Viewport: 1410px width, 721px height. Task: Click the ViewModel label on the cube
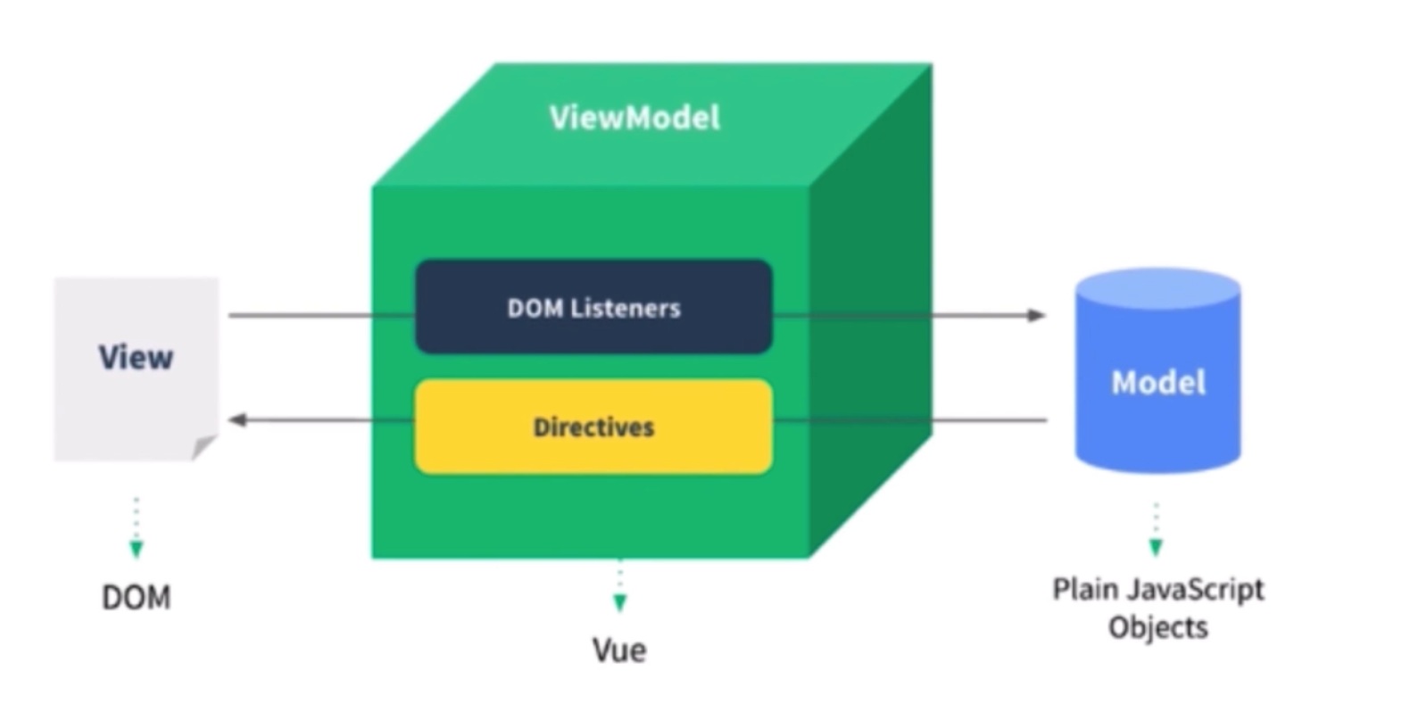pyautogui.click(x=634, y=118)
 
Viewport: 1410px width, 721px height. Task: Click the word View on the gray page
pyautogui.click(x=136, y=358)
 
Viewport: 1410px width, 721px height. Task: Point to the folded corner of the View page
pyautogui.click(x=204, y=446)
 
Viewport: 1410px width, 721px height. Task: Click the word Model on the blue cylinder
pyautogui.click(x=1157, y=383)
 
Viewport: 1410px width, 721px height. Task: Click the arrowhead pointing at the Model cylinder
pyautogui.click(x=1036, y=315)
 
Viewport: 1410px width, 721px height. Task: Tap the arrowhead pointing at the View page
pyautogui.click(x=238, y=419)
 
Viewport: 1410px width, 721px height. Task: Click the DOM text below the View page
pyautogui.click(x=136, y=597)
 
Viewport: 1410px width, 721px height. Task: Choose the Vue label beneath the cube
pyautogui.click(x=619, y=651)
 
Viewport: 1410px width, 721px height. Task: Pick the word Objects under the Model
pyautogui.click(x=1157, y=627)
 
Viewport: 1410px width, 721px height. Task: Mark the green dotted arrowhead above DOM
pyautogui.click(x=136, y=548)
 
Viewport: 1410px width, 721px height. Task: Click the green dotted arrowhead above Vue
pyautogui.click(x=619, y=602)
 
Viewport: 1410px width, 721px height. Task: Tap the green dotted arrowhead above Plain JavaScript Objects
pyautogui.click(x=1156, y=547)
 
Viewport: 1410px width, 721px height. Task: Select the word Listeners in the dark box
pyautogui.click(x=625, y=309)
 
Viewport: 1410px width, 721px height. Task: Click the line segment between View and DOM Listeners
pyautogui.click(x=321, y=315)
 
